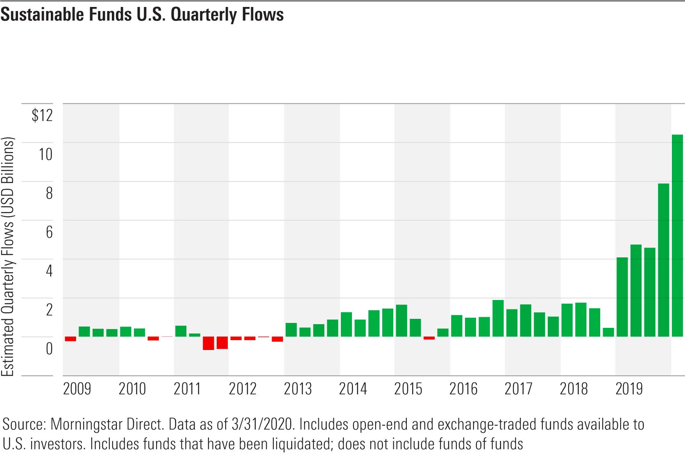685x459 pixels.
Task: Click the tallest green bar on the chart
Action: pyautogui.click(x=677, y=236)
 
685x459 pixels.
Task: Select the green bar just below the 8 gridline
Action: pyautogui.click(x=663, y=260)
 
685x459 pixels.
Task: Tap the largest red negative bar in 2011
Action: pyautogui.click(x=208, y=343)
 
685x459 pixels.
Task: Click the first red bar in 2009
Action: pyautogui.click(x=70, y=339)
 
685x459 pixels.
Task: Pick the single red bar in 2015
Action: pyautogui.click(x=429, y=338)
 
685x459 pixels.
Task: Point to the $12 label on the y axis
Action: pyautogui.click(x=42, y=115)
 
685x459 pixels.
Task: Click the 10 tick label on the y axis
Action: pyautogui.click(x=45, y=154)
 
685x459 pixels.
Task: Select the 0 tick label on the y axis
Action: pyautogui.click(x=49, y=348)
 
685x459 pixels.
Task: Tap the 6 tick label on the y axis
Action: pyautogui.click(x=49, y=232)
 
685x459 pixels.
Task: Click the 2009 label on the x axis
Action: pyautogui.click(x=77, y=389)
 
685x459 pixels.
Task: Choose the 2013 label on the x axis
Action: pyautogui.click(x=297, y=389)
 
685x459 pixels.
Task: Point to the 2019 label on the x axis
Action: pyautogui.click(x=629, y=389)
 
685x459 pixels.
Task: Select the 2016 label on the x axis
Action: pyautogui.click(x=463, y=389)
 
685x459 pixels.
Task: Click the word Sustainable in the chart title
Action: pyautogui.click(x=42, y=14)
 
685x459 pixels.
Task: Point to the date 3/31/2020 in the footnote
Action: pyautogui.click(x=262, y=425)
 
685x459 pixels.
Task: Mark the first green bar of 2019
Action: pyautogui.click(x=622, y=297)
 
